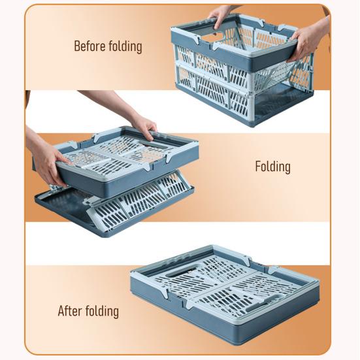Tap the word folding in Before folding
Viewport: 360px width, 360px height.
pos(125,47)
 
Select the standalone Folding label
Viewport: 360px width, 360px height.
pos(272,167)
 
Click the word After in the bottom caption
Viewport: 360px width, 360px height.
pos(71,310)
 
